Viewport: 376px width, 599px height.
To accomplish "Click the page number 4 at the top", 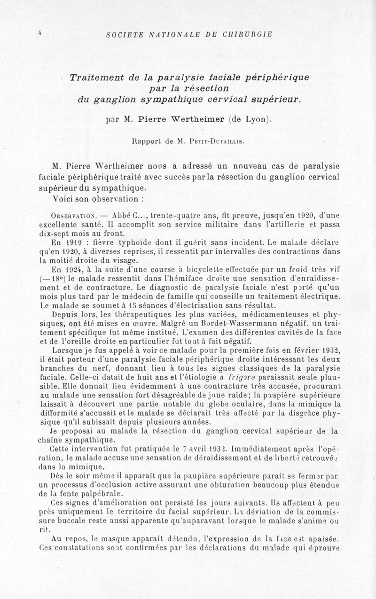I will click(x=41, y=32).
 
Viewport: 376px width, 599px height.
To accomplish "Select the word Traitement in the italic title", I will click(x=96, y=78).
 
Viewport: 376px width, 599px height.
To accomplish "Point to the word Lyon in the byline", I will click(x=256, y=119).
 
